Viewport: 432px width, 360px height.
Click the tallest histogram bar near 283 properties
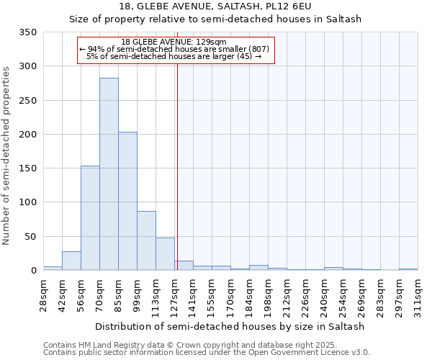click(109, 173)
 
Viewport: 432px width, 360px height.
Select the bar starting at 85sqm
click(127, 202)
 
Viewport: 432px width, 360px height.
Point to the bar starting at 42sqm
click(71, 261)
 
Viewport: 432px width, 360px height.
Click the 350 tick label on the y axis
click(27, 32)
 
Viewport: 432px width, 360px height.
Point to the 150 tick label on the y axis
click(27, 168)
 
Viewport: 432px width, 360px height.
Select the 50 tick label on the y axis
click(30, 236)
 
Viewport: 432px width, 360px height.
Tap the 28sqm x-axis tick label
click(43, 295)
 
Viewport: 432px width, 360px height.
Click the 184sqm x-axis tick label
click(249, 295)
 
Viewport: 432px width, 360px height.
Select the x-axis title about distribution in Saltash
click(230, 326)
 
